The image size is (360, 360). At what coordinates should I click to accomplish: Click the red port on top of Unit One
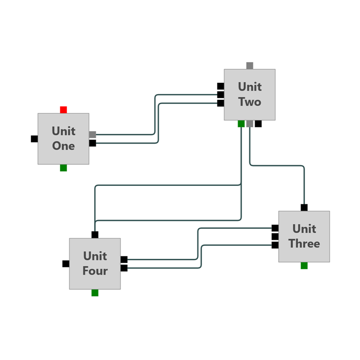pyautogui.click(x=63, y=110)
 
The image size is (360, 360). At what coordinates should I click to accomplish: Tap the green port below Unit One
pyautogui.click(x=63, y=168)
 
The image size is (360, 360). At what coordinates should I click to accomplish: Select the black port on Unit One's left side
pyautogui.click(x=34, y=139)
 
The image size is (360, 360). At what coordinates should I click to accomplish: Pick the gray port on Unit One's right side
pyautogui.click(x=92, y=135)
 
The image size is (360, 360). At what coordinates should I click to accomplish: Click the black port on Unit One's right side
pyautogui.click(x=92, y=143)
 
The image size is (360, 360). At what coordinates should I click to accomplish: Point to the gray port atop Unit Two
pyautogui.click(x=250, y=66)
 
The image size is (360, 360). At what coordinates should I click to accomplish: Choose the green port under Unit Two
pyautogui.click(x=241, y=124)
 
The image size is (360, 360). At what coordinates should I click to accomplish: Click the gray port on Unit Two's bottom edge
pyautogui.click(x=250, y=124)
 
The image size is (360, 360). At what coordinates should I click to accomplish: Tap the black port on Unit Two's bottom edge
pyautogui.click(x=258, y=124)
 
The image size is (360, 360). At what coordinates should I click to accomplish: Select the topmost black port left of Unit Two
pyautogui.click(x=220, y=86)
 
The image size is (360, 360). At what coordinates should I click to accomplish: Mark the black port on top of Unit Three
pyautogui.click(x=304, y=207)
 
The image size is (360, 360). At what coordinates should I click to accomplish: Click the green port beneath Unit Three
pyautogui.click(x=304, y=265)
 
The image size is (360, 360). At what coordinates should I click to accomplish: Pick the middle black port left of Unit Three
pyautogui.click(x=275, y=237)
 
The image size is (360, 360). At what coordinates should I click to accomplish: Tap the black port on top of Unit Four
pyautogui.click(x=95, y=234)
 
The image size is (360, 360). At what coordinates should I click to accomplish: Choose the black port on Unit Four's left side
pyautogui.click(x=66, y=264)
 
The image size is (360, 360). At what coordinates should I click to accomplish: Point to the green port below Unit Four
pyautogui.click(x=95, y=293)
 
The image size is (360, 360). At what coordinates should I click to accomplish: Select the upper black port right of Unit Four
pyautogui.click(x=124, y=260)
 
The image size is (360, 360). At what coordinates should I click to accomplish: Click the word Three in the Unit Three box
pyautogui.click(x=304, y=244)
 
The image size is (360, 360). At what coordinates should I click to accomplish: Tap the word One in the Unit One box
pyautogui.click(x=63, y=146)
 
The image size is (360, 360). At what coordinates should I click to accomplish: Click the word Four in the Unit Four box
pyautogui.click(x=95, y=271)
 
